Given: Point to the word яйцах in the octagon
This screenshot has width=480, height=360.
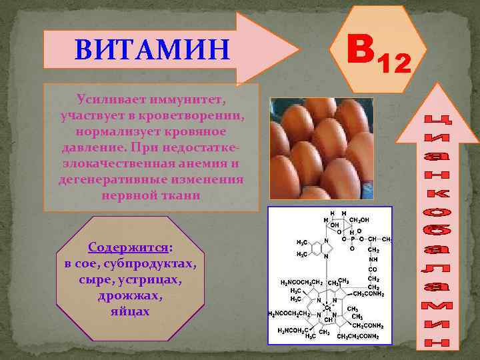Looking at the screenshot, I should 131,311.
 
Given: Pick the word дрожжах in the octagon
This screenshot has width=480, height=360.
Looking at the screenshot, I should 131,295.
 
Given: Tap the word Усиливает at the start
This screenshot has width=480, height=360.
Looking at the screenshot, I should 107,99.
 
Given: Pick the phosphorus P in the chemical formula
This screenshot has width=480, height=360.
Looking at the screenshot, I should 353,238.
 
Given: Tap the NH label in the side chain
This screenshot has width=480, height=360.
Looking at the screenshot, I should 373,260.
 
